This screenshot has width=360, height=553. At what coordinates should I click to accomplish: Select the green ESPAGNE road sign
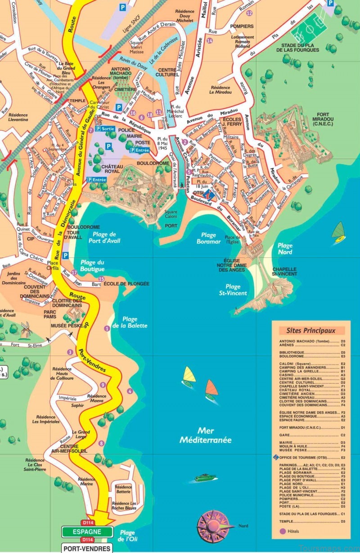tap(87, 531)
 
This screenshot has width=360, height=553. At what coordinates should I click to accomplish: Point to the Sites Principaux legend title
tap(311, 330)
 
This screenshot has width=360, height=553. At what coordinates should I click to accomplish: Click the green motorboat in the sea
tap(205, 477)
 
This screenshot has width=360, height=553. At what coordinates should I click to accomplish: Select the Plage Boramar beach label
tap(209, 238)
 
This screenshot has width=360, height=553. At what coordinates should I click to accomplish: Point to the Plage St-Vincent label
tap(233, 290)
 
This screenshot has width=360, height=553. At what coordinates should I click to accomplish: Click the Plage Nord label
tap(284, 249)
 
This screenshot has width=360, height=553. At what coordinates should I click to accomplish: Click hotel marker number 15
tap(101, 279)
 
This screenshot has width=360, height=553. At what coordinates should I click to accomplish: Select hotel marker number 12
tap(249, 13)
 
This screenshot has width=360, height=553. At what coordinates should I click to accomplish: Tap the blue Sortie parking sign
tap(104, 129)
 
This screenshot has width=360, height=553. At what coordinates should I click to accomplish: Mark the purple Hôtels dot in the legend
tap(283, 531)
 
